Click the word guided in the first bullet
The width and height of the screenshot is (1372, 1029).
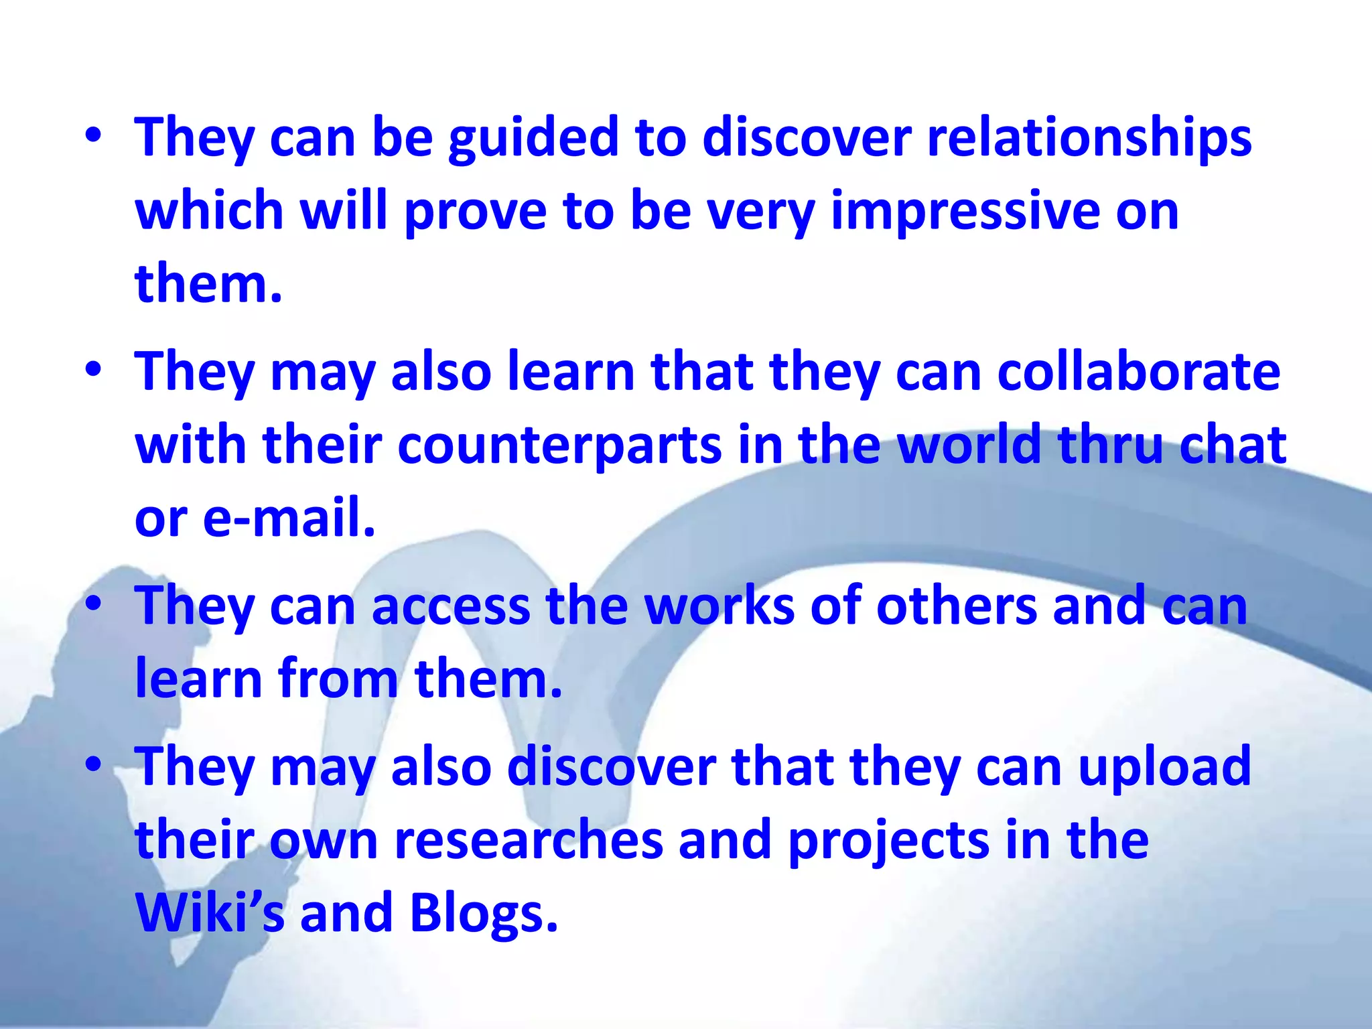tap(533, 139)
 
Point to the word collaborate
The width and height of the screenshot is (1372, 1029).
tap(1138, 372)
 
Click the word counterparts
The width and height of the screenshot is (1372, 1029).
tap(559, 446)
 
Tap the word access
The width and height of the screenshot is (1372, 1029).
tap(450, 606)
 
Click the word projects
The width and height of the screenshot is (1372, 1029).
tap(888, 841)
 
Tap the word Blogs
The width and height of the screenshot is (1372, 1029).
tap(483, 914)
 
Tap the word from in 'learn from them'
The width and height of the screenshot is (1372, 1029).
tap(338, 679)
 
